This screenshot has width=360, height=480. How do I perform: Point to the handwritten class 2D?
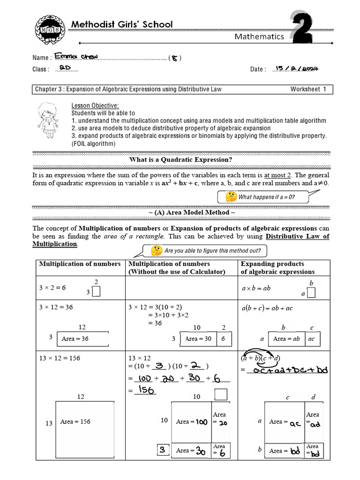pyautogui.click(x=65, y=68)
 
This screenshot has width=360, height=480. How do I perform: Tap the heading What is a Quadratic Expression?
pyautogui.click(x=180, y=160)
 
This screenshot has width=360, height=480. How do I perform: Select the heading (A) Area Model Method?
pyautogui.click(x=180, y=212)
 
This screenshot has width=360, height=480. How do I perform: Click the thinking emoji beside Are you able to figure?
pyautogui.click(x=157, y=251)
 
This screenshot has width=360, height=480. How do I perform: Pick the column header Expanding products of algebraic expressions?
pyautogui.click(x=278, y=268)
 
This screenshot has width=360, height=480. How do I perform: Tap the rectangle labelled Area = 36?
pyautogui.click(x=82, y=338)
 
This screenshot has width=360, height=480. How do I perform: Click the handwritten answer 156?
pyautogui.click(x=145, y=390)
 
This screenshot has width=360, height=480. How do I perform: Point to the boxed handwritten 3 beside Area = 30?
pyautogui.click(x=162, y=450)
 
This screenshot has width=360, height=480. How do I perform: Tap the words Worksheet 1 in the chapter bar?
pyautogui.click(x=307, y=89)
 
